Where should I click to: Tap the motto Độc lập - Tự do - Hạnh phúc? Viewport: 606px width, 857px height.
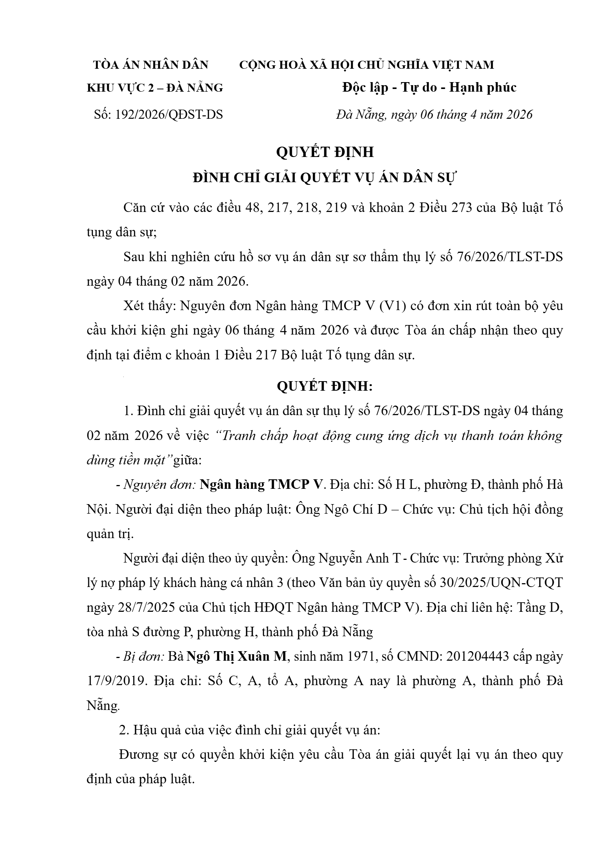point(429,87)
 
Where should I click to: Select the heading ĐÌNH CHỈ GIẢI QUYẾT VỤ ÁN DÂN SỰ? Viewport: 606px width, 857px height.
point(324,178)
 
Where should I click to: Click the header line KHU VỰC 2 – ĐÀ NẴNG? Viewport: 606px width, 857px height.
point(155,88)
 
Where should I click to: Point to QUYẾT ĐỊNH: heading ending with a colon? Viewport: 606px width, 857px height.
point(324,386)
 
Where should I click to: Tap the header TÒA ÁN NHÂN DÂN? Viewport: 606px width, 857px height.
point(151,65)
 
